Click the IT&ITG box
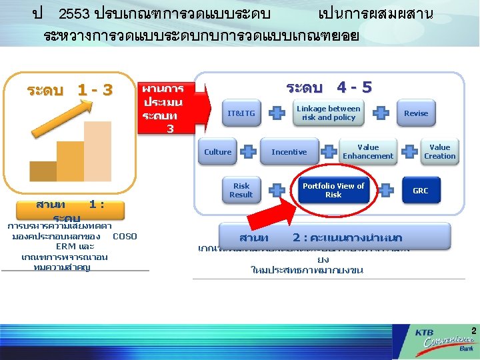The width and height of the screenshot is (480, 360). coord(241,113)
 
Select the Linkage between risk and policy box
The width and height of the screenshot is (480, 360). coord(328,113)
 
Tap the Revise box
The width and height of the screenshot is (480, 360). coord(415,113)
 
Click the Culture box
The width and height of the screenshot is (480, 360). coord(217,152)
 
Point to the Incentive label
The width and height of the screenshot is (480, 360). coord(289,152)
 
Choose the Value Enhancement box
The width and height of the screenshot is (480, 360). coord(368,152)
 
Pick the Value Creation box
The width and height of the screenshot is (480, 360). coord(440,152)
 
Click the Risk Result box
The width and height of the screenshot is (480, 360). coord(241,191)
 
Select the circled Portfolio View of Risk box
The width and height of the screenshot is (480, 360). coord(333,191)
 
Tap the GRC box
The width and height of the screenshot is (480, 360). coord(421,191)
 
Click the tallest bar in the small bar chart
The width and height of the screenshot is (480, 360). coord(97,151)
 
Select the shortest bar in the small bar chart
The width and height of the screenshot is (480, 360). coord(43,171)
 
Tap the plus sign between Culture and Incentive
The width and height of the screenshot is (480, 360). coord(248,152)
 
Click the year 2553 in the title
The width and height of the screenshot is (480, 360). coord(75,14)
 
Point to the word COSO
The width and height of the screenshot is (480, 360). coord(125,236)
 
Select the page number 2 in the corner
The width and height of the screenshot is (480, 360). coord(473,331)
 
